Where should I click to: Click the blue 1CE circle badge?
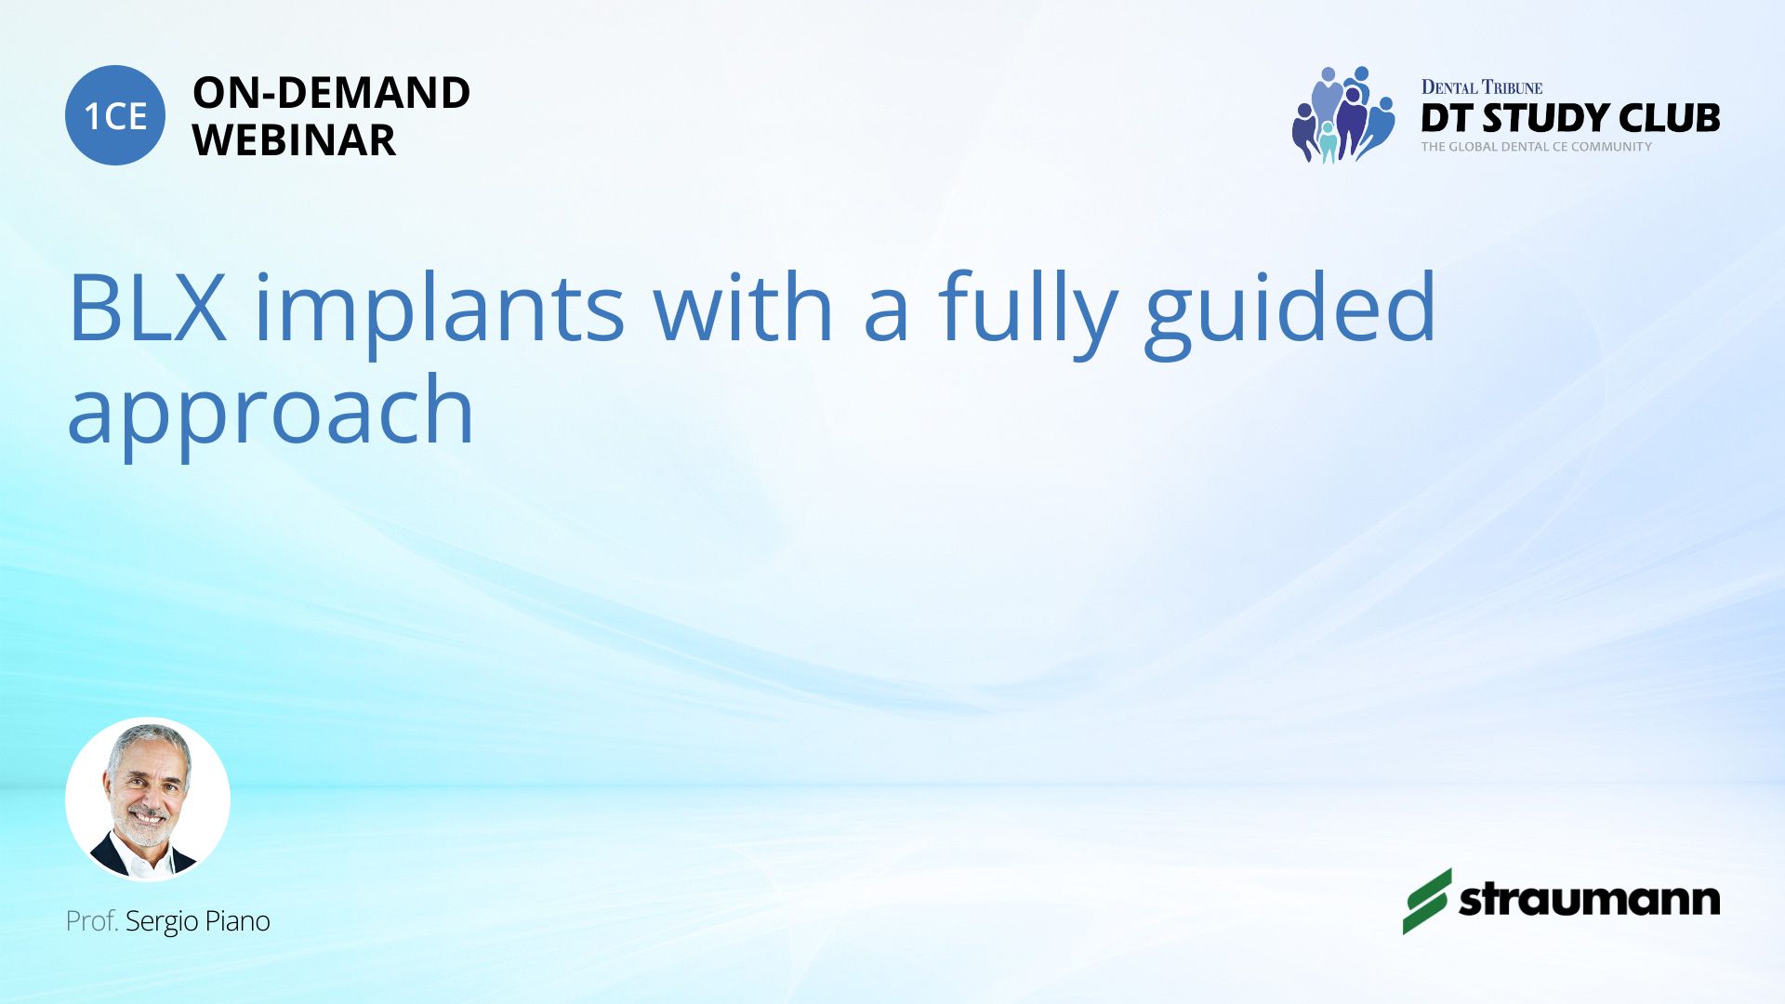(115, 115)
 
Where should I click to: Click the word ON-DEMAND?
(331, 93)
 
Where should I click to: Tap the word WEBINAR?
(294, 140)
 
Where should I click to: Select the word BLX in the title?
(148, 308)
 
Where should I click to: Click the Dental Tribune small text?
(1482, 87)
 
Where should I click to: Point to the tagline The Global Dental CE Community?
(1536, 147)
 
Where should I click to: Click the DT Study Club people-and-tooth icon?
(1343, 114)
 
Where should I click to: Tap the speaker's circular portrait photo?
(148, 799)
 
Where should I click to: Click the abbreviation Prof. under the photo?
(91, 921)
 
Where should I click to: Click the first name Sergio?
(162, 922)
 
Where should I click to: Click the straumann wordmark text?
(1590, 900)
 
